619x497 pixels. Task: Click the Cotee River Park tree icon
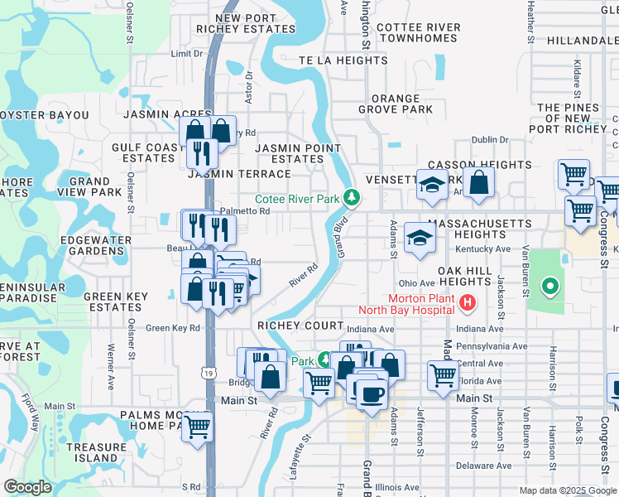[x=353, y=197]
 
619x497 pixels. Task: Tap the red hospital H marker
[x=468, y=303]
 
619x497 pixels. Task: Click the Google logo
[x=27, y=487]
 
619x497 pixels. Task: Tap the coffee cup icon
[x=371, y=394]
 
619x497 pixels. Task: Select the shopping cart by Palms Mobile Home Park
[x=197, y=426]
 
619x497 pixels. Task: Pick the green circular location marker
[x=549, y=287]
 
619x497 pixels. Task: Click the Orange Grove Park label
[x=396, y=104]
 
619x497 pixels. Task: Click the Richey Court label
[x=300, y=326]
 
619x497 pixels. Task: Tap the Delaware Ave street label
[x=487, y=466]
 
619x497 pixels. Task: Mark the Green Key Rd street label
[x=173, y=328]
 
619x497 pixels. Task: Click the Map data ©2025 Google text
[x=568, y=490]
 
